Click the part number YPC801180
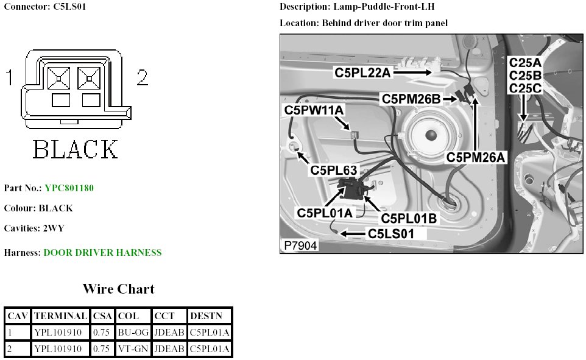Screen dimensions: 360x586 pyautogui.click(x=69, y=188)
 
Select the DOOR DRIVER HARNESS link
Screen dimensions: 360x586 pyautogui.click(x=102, y=253)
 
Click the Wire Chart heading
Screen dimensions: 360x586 pyautogui.click(x=118, y=289)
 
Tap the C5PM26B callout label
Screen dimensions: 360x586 pyautogui.click(x=411, y=98)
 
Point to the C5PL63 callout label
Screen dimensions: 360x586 pyautogui.click(x=333, y=170)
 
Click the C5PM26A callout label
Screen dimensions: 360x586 pyautogui.click(x=476, y=157)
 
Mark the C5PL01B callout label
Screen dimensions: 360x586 pyautogui.click(x=408, y=217)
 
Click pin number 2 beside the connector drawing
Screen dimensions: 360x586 pyautogui.click(x=142, y=77)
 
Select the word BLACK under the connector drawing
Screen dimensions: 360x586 pyautogui.click(x=75, y=149)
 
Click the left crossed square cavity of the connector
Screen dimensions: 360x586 pyautogui.click(x=59, y=77)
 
